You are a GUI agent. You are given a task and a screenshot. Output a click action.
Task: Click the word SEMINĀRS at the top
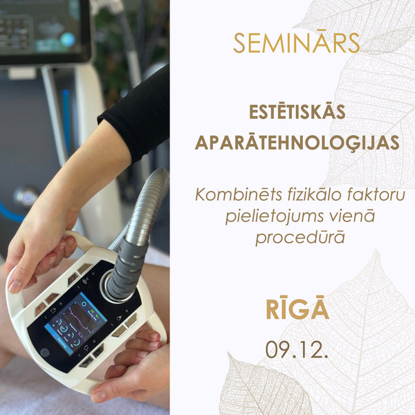point(297,43)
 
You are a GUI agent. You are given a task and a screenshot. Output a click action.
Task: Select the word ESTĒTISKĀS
point(297,112)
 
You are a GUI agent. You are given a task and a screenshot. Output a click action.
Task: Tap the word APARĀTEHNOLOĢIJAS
point(297,142)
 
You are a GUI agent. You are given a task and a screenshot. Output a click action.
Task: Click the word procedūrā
point(300,237)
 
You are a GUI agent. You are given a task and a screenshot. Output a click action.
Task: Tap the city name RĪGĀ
point(297,309)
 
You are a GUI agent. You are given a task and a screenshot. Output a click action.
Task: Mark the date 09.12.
point(297,349)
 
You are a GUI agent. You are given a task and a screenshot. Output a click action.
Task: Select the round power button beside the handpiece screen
point(45,353)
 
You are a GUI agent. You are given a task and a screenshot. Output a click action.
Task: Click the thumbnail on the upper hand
point(15,285)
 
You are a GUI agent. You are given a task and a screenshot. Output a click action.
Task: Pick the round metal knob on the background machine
point(26,196)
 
